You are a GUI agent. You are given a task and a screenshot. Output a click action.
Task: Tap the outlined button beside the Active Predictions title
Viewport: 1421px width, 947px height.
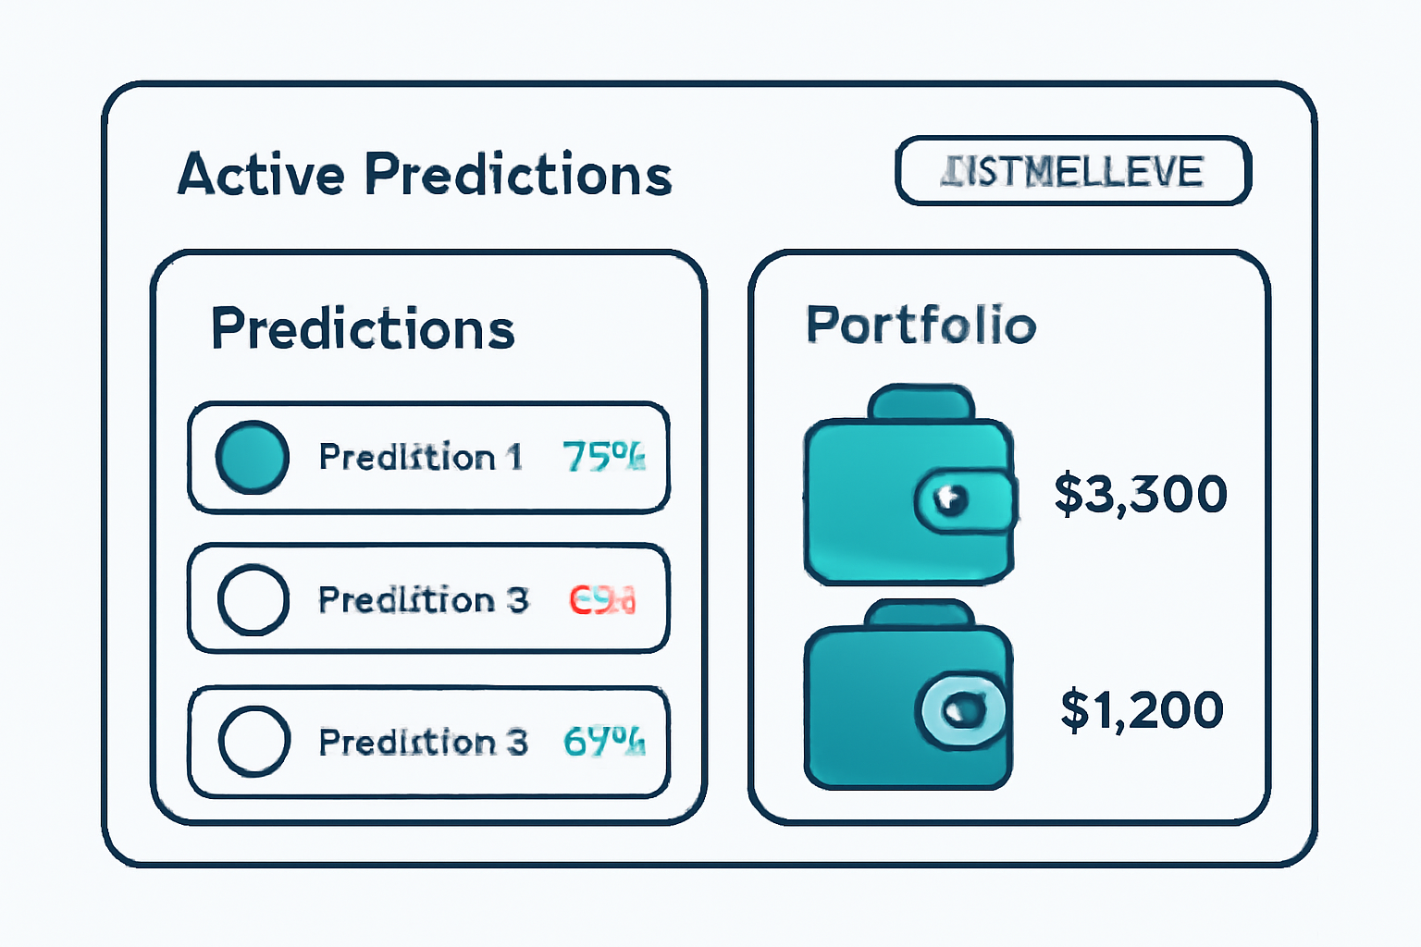1073,171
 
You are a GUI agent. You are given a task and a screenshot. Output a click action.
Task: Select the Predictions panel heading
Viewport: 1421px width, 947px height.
363,328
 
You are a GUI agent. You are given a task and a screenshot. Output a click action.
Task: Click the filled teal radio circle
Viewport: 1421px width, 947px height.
252,457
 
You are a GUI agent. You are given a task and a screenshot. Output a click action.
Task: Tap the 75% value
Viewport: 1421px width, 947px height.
603,457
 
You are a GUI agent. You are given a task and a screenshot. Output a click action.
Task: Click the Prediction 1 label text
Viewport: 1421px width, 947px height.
420,457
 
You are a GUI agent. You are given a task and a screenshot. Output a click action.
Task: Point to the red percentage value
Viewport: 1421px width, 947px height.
602,600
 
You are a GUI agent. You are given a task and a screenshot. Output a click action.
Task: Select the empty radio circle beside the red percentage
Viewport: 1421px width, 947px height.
253,599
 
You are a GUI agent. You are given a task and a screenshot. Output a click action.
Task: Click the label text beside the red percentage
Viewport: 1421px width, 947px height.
423,600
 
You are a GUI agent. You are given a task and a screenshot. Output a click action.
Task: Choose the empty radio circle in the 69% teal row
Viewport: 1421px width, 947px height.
253,741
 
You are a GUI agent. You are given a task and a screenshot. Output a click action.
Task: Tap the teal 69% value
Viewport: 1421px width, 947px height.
603,742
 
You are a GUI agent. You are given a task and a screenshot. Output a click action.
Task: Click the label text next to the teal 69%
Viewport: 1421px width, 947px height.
423,742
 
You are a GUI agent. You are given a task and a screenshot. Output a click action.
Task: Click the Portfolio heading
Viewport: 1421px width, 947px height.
921,325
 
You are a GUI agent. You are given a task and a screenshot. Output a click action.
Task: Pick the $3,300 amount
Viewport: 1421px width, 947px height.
1141,494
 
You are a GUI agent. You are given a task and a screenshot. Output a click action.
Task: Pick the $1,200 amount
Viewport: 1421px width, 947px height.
1142,710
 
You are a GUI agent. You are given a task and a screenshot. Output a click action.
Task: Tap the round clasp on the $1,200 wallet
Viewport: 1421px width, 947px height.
963,709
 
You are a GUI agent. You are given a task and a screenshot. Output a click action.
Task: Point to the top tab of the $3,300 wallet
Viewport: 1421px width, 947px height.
921,402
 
